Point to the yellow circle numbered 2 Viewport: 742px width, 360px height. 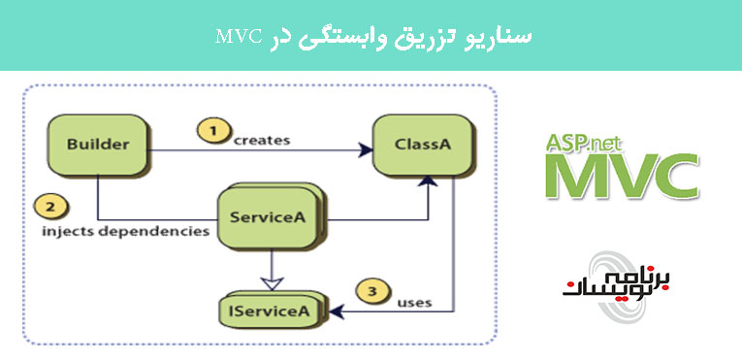click(48, 207)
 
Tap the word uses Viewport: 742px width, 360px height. click(414, 302)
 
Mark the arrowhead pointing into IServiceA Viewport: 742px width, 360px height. click(337, 311)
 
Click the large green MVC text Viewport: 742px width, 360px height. click(621, 175)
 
